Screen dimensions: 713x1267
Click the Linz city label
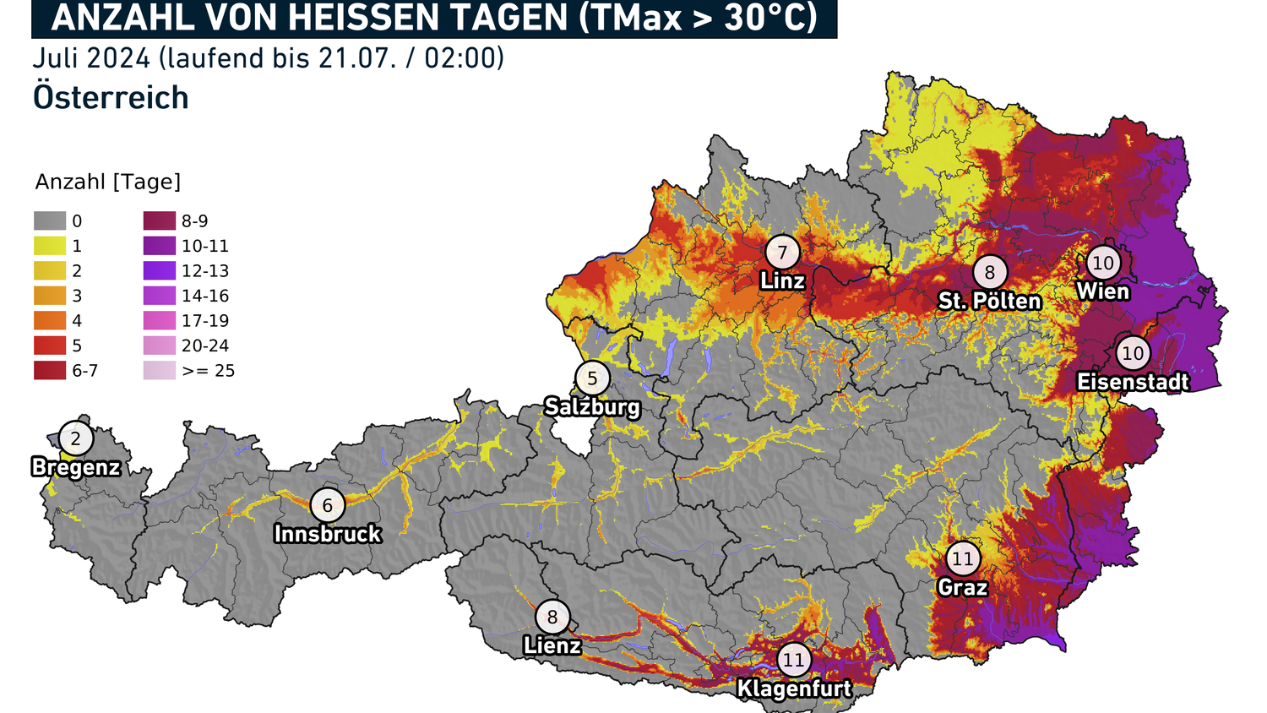782,280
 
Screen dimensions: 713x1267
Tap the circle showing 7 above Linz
782,252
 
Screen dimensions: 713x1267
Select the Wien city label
1102,291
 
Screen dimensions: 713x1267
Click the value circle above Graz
962,558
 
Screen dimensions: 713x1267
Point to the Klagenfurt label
794,689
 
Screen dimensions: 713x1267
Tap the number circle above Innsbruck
327,505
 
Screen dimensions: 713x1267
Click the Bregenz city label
76,467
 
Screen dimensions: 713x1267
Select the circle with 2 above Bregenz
76,438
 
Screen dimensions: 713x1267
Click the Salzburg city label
592,406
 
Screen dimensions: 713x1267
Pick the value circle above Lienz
552,617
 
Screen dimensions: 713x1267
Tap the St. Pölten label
990,301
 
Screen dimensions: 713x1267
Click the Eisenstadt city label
1133,382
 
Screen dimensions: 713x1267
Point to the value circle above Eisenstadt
1133,353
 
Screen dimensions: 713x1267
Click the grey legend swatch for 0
50,221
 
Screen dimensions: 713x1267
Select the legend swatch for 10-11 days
160,246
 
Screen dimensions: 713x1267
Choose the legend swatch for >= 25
160,370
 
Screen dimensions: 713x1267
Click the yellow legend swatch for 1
50,246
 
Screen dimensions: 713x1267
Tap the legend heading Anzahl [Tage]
108,182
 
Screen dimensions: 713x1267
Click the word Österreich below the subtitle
111,98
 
